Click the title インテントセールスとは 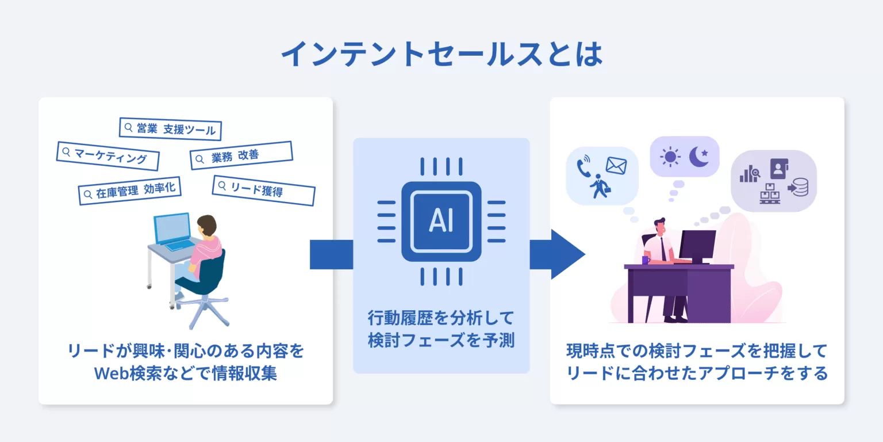point(441,55)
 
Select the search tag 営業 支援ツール point(170,128)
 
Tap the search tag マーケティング point(108,156)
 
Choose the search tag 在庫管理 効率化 point(129,190)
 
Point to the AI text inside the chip point(441,222)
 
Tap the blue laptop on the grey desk point(174,230)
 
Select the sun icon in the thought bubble point(670,157)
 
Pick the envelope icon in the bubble point(616,166)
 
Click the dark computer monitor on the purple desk point(697,245)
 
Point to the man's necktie point(663,248)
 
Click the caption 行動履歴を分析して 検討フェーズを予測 point(441,329)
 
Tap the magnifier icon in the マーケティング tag point(66,152)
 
